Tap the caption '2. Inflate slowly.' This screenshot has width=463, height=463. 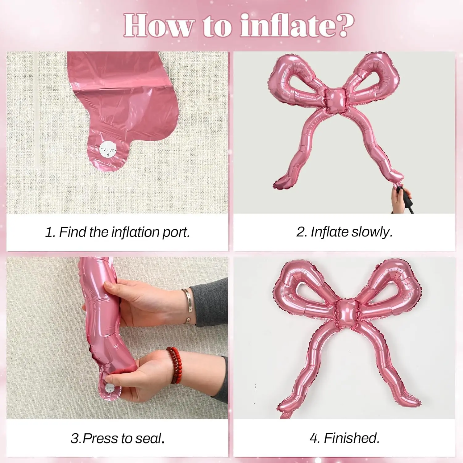pyautogui.click(x=344, y=232)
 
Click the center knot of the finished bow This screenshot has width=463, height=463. pyautogui.click(x=345, y=313)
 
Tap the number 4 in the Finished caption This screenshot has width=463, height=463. pyautogui.click(x=313, y=438)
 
